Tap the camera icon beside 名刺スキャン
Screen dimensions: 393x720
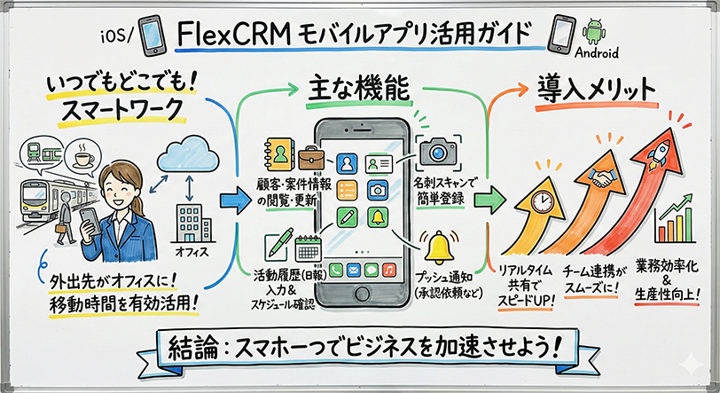coord(437,150)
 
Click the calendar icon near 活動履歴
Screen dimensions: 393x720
coord(309,246)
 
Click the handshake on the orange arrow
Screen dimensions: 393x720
coord(607,177)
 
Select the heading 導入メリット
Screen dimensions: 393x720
coord(597,90)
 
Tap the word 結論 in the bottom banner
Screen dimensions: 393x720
coord(201,345)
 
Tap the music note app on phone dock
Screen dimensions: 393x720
coord(387,269)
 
